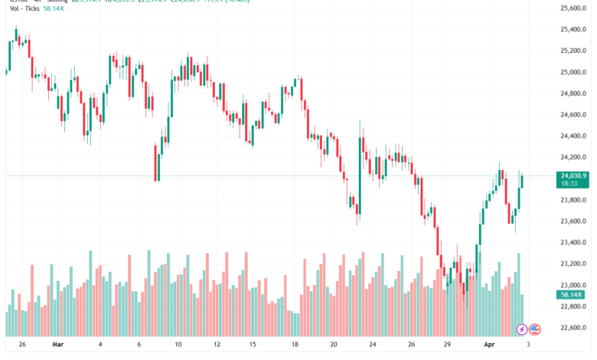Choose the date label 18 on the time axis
pyautogui.click(x=295, y=345)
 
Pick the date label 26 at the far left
pyautogui.click(x=22, y=345)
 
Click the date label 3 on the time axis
pyautogui.click(x=529, y=345)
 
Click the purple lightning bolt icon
pyautogui.click(x=522, y=329)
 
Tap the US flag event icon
pyautogui.click(x=535, y=329)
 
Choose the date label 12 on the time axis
pyautogui.click(x=217, y=345)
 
